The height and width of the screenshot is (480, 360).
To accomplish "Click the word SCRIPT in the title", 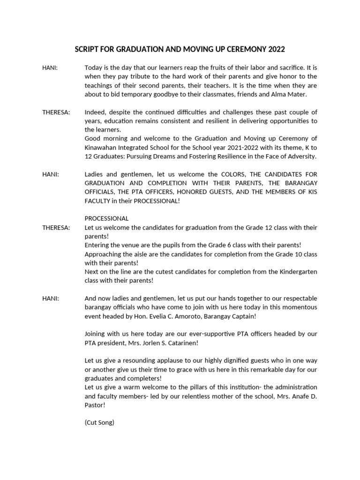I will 87,49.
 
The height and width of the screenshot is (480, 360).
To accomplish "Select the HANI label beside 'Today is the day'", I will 50,67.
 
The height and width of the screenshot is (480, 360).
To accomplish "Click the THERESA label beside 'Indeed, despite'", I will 56,112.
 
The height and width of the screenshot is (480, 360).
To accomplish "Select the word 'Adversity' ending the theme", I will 301,156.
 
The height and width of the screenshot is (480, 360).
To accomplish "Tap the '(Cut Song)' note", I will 99,422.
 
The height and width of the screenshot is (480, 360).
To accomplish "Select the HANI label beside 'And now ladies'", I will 50,298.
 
